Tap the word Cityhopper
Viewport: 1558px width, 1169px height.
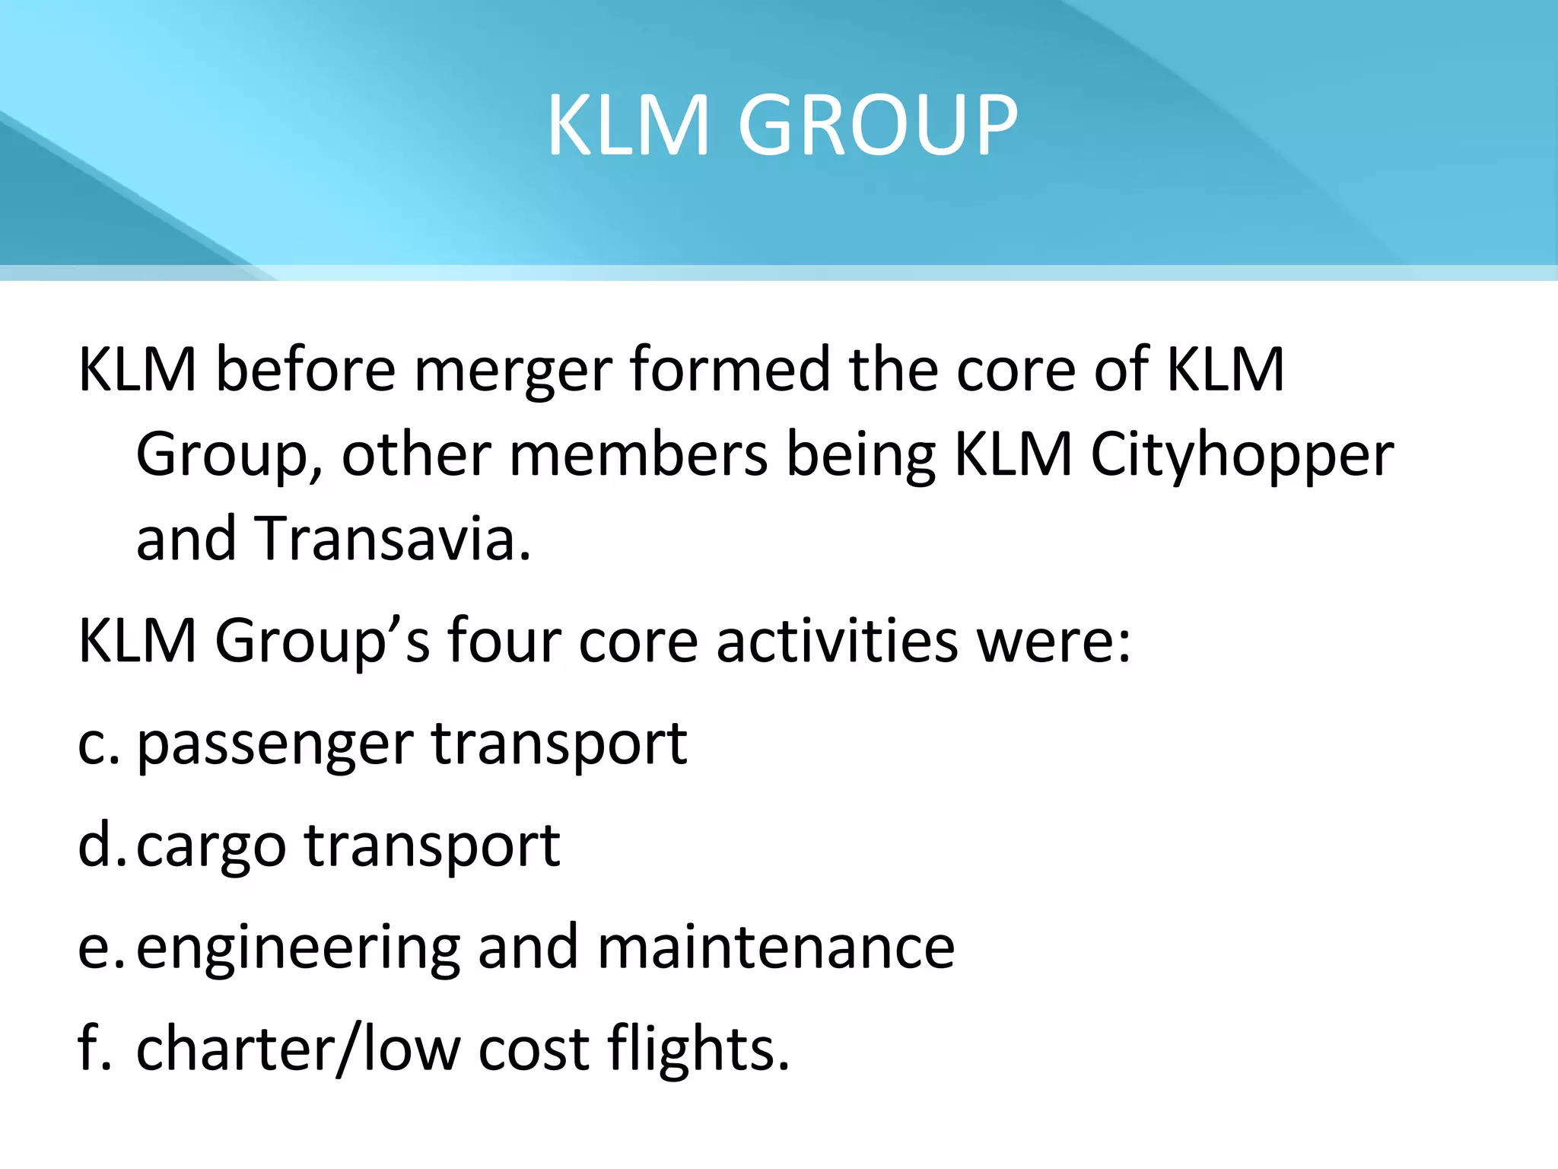pyautogui.click(x=1242, y=455)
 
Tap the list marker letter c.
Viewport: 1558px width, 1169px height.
pyautogui.click(x=93, y=744)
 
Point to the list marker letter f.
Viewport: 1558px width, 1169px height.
pyautogui.click(x=90, y=1049)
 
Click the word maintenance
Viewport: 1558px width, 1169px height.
pyautogui.click(x=776, y=948)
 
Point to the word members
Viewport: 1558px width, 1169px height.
pyautogui.click(x=638, y=455)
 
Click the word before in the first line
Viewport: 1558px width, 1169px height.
pyautogui.click(x=306, y=369)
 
